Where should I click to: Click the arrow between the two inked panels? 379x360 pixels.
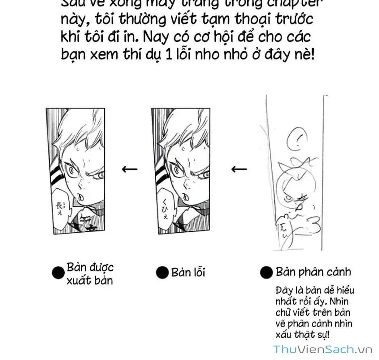[129, 169]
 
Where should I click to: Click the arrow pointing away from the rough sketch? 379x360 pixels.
[239, 169]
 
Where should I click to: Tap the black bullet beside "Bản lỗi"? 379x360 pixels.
[162, 273]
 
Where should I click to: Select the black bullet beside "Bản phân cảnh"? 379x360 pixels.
[267, 273]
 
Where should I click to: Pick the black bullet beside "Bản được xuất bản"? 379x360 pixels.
[58, 273]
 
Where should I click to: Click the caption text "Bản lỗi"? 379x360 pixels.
[188, 273]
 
